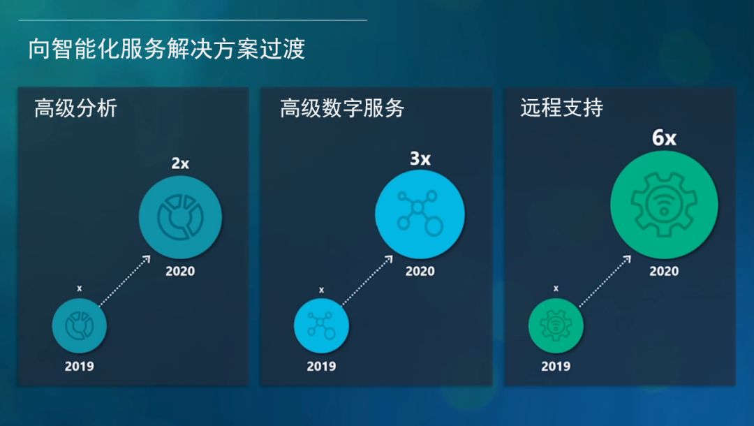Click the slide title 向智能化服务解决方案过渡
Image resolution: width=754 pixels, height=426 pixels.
click(166, 49)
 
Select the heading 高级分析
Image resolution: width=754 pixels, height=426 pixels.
click(76, 108)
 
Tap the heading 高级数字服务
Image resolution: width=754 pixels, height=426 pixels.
click(342, 108)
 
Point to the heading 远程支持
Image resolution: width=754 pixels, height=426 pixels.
click(561, 108)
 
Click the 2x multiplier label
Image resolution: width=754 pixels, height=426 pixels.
click(180, 163)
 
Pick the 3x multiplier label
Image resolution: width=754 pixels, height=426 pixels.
click(420, 159)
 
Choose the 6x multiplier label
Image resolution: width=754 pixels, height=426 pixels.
click(664, 138)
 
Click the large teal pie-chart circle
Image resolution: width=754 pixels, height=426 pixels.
click(180, 217)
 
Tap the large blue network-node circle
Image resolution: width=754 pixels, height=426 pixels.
click(420, 214)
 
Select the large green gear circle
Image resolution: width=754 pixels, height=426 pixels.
click(664, 205)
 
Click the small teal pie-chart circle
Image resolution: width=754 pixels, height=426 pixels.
click(80, 325)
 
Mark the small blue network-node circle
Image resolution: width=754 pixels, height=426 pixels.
click(321, 325)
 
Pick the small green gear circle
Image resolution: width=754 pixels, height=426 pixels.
click(556, 325)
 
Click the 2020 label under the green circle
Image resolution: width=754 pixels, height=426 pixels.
click(664, 271)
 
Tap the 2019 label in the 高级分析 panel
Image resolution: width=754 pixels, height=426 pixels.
click(80, 367)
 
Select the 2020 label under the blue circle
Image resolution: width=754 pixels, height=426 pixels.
click(420, 271)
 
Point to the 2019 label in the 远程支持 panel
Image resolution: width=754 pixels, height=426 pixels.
click(556, 367)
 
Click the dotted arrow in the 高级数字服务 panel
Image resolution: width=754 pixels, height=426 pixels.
click(367, 281)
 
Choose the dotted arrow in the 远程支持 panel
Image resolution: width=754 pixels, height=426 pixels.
click(605, 281)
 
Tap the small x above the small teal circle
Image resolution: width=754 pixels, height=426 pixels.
click(80, 288)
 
